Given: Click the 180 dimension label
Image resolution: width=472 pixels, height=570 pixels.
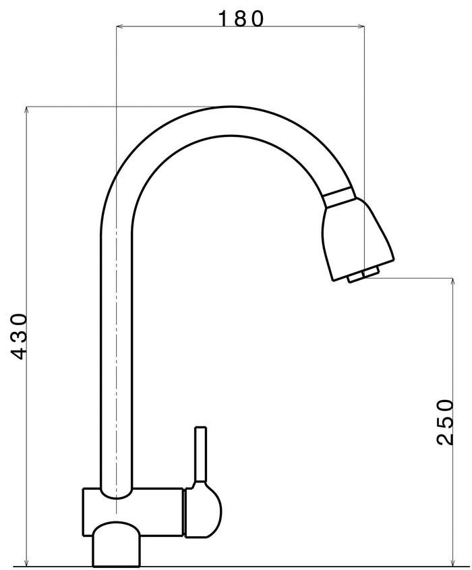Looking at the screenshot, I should (x=240, y=18).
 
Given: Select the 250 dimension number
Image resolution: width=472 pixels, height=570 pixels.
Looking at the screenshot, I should (x=445, y=422).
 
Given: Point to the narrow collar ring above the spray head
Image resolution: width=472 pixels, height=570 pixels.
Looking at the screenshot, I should (x=338, y=196).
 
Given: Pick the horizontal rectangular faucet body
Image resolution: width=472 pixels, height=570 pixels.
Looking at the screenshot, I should (x=134, y=513).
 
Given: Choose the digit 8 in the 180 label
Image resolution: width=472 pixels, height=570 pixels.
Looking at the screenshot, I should (x=240, y=18).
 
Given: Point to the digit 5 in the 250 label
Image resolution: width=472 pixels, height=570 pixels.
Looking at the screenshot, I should (x=445, y=422).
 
